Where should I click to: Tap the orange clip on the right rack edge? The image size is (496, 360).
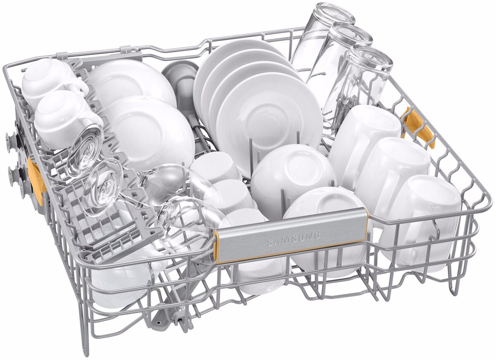(417, 127)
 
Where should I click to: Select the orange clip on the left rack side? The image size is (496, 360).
(36, 181)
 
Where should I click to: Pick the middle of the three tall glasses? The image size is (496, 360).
(339, 64)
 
